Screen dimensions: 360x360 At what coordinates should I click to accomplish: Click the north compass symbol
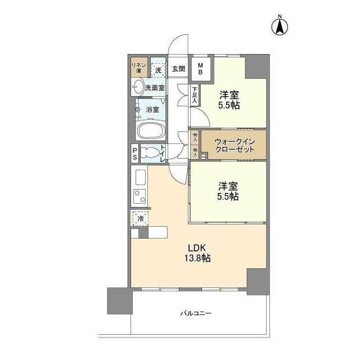point(280,26)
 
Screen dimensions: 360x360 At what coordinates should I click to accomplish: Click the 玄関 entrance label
point(178,69)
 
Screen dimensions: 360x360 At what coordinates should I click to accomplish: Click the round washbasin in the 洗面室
point(138,87)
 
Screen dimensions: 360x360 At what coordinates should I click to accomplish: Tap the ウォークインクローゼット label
point(227,146)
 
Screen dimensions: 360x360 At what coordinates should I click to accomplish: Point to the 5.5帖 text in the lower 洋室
point(228,196)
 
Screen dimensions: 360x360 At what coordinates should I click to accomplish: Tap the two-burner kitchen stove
point(139,199)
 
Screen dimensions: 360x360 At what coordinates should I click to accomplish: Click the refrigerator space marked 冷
point(139,218)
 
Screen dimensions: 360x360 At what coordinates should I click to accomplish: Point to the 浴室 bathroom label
point(152,109)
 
